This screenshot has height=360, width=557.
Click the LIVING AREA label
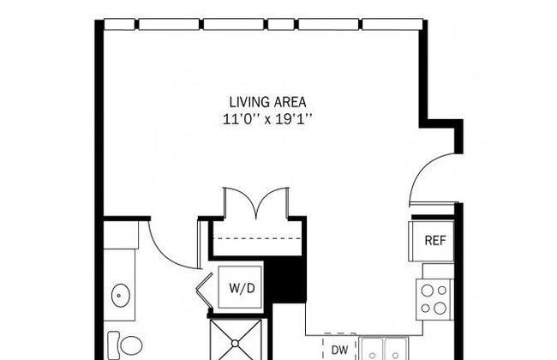coord(267,102)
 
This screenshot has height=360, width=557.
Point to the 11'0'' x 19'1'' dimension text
coord(267,119)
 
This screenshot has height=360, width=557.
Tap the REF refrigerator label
coord(434,241)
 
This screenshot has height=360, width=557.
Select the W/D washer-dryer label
coord(242,288)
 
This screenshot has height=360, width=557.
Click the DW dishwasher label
coord(339,351)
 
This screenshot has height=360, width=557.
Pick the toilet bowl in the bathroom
coord(131,345)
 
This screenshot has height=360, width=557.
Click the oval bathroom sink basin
coord(121,295)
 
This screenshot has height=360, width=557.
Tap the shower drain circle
coord(235,344)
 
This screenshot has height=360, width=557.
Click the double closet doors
coord(256,201)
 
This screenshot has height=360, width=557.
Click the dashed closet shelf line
coord(259,238)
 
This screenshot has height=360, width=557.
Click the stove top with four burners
coord(434,299)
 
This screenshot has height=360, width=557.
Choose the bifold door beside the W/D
coord(204,288)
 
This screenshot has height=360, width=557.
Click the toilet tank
coord(114,344)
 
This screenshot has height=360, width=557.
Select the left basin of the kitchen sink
coord(372,349)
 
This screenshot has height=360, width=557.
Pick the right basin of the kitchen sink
coord(396,349)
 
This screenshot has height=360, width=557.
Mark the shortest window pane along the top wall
coord(280,24)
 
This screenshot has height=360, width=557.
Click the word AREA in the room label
coord(289,102)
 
